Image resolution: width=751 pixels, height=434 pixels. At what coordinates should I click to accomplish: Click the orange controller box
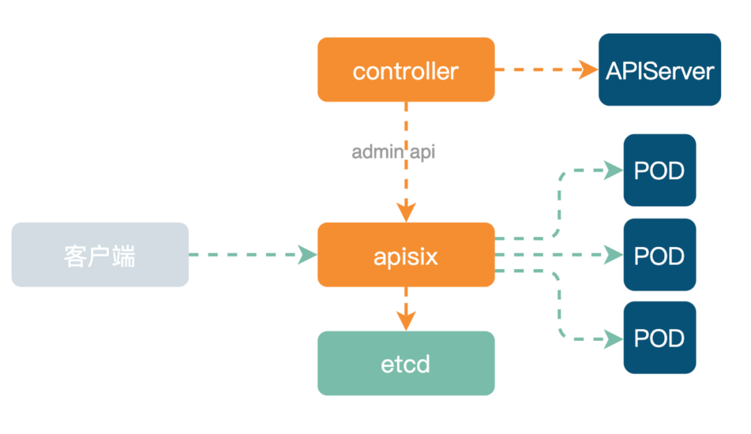tap(406, 70)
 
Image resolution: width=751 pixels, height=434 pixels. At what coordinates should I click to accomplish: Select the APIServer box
tap(659, 70)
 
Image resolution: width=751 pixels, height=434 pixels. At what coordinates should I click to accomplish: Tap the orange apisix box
tap(406, 255)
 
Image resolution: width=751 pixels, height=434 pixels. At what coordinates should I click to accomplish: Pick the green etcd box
tap(406, 363)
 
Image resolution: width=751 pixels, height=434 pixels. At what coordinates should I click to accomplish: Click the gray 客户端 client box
tap(100, 255)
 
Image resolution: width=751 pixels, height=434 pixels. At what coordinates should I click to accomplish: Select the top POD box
tap(659, 170)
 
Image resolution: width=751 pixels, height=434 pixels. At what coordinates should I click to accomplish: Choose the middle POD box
tap(659, 255)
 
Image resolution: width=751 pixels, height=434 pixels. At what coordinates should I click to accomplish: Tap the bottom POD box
tap(659, 338)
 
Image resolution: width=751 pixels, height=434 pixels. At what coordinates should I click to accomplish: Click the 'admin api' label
tap(393, 152)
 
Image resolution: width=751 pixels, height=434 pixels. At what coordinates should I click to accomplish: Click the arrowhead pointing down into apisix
tap(406, 212)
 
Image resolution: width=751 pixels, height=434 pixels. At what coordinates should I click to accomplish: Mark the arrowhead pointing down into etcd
tap(406, 321)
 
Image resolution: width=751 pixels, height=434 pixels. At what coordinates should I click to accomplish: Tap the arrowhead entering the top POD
tap(613, 170)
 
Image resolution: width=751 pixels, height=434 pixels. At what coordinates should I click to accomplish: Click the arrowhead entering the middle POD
tap(613, 255)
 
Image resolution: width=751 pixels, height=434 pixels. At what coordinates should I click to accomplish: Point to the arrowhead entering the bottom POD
tap(613, 339)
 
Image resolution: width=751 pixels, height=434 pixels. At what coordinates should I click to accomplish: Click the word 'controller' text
tap(405, 70)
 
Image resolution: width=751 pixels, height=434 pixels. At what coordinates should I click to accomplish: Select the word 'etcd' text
tap(406, 364)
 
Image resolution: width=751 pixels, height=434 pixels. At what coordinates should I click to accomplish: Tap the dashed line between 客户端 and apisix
tap(243, 255)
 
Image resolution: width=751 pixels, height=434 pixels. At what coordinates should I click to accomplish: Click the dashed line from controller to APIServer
tap(535, 70)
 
